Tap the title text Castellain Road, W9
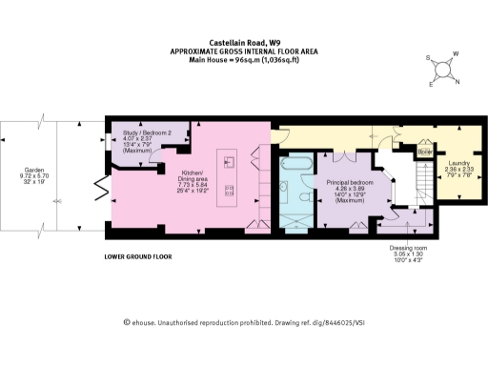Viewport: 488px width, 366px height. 244,42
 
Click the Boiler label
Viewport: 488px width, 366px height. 425,151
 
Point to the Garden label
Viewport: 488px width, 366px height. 33,178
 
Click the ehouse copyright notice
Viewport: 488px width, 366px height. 244,323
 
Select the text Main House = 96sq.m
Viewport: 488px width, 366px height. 244,60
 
